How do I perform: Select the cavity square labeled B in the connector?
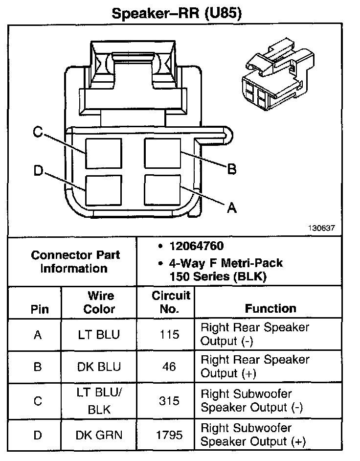162,153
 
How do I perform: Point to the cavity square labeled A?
162,190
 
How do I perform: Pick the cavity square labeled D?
103,190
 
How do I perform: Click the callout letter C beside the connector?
38,132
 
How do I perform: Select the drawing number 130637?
321,228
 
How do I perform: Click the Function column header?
270,308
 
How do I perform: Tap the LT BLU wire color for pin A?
99,335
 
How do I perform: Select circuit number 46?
169,367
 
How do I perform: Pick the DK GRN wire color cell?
99,434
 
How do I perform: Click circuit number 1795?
169,434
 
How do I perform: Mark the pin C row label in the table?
37,401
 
